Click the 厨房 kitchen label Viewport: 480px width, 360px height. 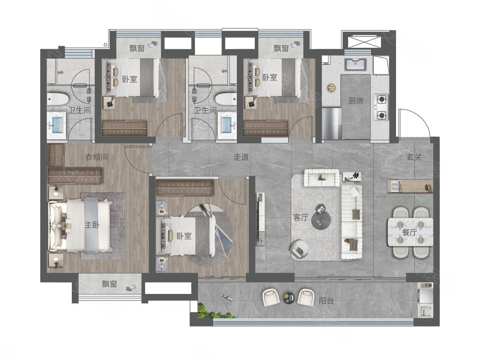356,100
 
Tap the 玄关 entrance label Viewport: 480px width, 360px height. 414,157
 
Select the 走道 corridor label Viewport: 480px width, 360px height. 241,157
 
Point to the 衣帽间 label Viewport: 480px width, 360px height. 97,157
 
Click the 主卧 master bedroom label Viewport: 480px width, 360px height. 92,224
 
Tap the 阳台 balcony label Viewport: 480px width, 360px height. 326,301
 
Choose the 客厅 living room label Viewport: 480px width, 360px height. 301,217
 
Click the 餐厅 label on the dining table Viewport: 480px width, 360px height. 410,232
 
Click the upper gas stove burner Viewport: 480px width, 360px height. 382,99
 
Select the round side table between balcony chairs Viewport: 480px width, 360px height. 289,297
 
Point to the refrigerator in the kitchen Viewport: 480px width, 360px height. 331,124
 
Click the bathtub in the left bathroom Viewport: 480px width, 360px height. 57,99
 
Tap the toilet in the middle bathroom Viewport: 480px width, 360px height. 226,99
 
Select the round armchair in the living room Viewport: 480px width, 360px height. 299,248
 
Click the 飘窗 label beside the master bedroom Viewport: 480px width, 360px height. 110,284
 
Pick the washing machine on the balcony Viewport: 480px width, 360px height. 425,308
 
